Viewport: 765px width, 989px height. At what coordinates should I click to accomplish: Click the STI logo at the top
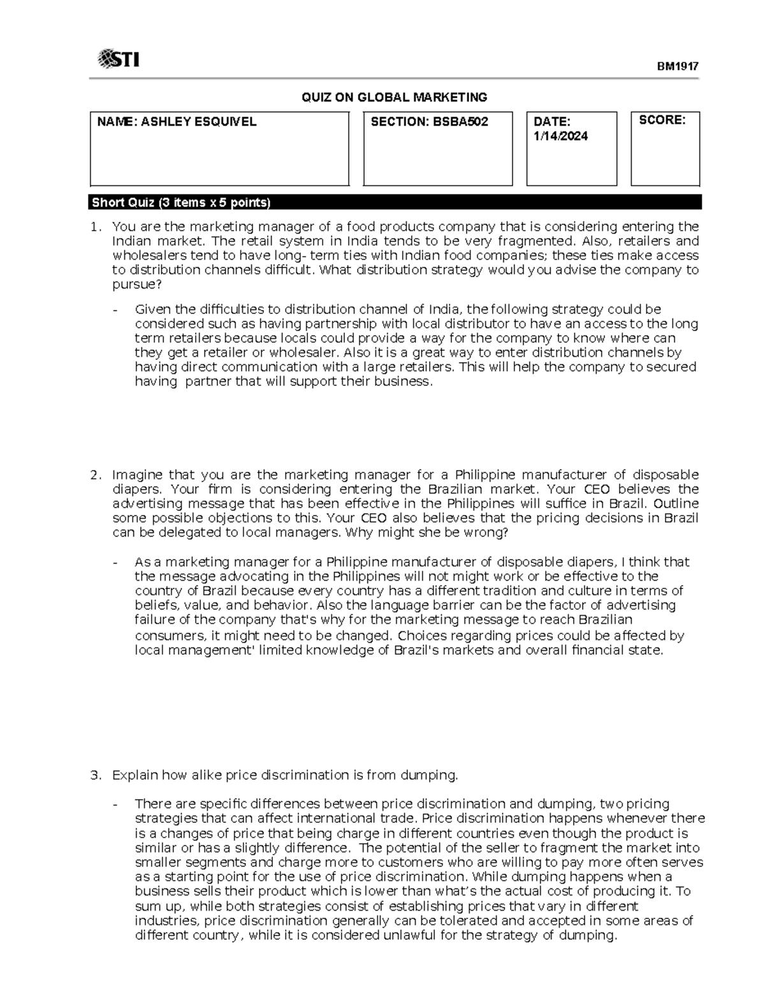(x=118, y=60)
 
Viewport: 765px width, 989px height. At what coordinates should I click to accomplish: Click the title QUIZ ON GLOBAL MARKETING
(x=394, y=97)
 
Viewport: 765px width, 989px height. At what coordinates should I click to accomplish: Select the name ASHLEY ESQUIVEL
(x=199, y=122)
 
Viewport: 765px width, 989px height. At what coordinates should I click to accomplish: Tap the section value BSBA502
(x=461, y=122)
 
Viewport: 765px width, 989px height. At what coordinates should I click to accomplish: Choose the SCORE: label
(x=662, y=120)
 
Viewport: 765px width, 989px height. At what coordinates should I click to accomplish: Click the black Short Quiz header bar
(x=395, y=203)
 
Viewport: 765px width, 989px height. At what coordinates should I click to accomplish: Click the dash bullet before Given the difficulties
(x=115, y=310)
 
